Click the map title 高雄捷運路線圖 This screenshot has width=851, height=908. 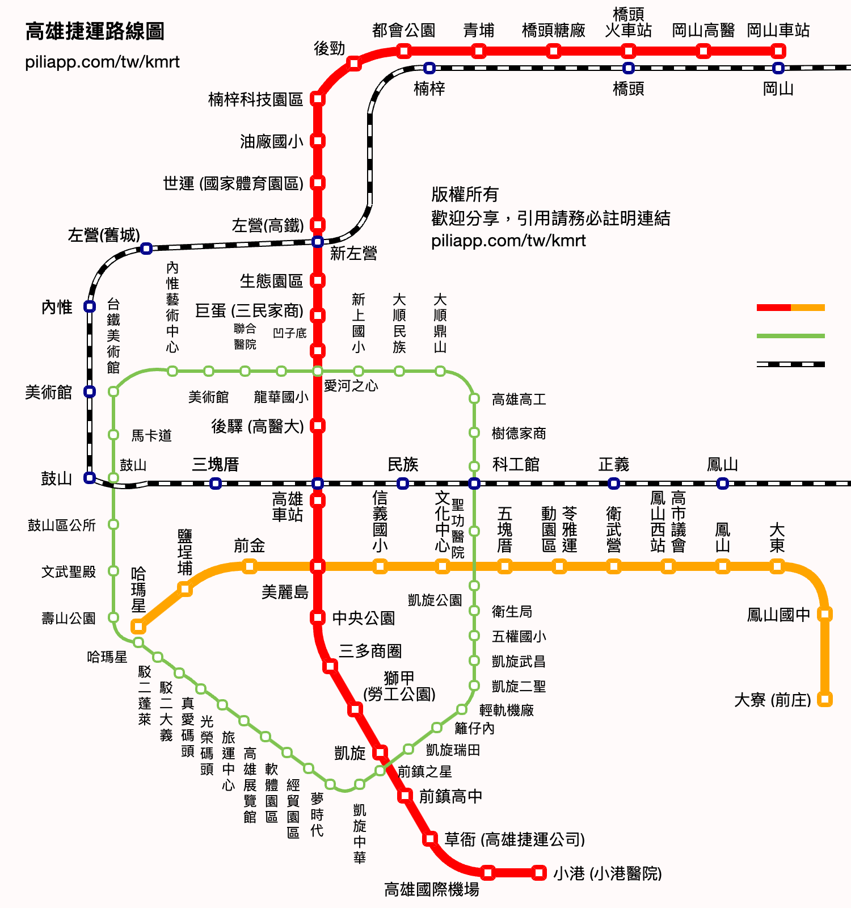click(95, 31)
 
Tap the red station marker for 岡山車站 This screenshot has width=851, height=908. click(778, 52)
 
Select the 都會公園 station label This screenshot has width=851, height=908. click(403, 30)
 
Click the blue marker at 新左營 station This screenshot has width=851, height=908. click(318, 242)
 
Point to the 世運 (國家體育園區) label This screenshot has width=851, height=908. click(233, 183)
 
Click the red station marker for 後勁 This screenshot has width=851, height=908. click(354, 63)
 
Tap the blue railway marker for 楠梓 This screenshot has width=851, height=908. click(429, 68)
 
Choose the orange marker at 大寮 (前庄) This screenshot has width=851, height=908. click(825, 699)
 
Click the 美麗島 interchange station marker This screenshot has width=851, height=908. click(318, 566)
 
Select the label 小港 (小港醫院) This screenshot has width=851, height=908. click(608, 873)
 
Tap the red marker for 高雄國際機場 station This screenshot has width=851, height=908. click(488, 872)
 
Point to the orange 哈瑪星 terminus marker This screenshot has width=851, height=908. click(138, 627)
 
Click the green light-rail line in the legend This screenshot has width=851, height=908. click(791, 336)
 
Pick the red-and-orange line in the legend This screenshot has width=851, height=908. click(791, 308)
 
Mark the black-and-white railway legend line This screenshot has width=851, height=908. click(791, 364)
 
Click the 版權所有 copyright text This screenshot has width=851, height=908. click(465, 195)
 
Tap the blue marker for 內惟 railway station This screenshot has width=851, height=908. click(90, 306)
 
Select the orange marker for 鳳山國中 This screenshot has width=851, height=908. click(825, 614)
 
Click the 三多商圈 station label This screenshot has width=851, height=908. click(370, 651)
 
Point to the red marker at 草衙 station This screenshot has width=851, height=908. click(430, 838)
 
